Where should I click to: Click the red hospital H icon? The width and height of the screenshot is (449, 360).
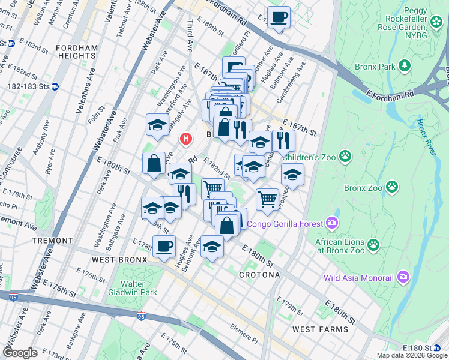click(x=186, y=139)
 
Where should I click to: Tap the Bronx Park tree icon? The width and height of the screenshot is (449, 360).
click(x=405, y=64)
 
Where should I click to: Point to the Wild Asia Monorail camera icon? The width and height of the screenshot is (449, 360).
click(x=403, y=277)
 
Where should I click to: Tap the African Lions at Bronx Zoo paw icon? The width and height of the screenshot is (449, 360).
click(x=373, y=244)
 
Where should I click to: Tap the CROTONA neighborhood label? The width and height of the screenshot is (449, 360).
click(x=259, y=274)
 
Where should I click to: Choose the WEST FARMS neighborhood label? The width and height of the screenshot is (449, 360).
click(x=320, y=329)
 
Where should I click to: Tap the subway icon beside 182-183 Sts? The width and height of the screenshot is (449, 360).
click(x=55, y=86)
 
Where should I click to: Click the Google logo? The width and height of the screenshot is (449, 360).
click(x=20, y=353)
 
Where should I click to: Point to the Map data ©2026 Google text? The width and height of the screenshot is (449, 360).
click(x=412, y=355)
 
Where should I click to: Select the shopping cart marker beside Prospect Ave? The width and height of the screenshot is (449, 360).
click(x=267, y=199)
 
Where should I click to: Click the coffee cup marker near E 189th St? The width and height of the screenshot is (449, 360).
click(x=278, y=17)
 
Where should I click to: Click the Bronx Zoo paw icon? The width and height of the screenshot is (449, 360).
click(x=391, y=187)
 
